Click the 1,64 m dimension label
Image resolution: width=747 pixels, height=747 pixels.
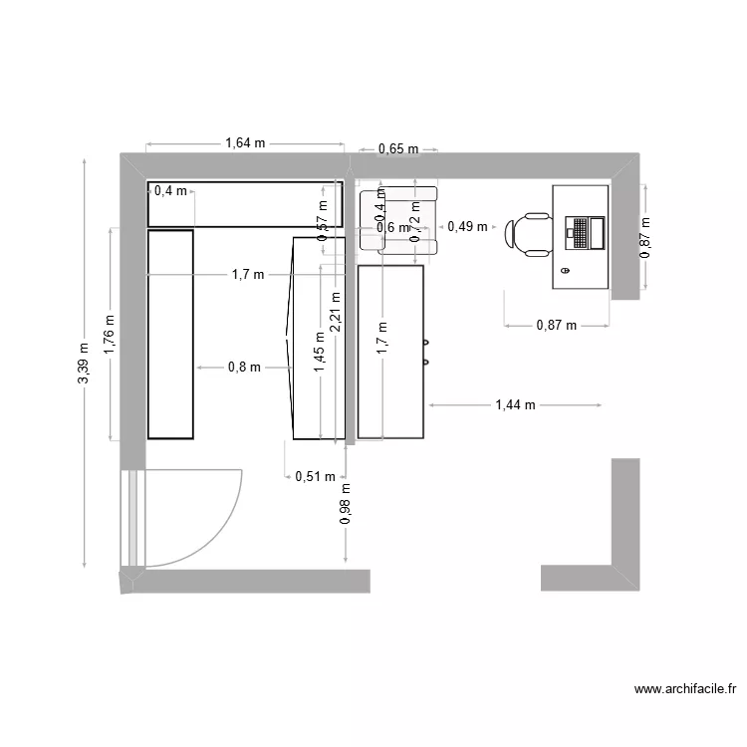coord(245,142)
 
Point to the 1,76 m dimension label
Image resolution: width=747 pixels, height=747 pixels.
coord(110,333)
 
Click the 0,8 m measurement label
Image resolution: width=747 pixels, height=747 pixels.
coord(244,367)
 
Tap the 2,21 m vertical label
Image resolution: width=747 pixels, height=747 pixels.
coord(336,310)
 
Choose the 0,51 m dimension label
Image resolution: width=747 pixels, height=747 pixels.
coord(315,476)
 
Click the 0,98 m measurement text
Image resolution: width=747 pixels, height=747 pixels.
coord(346,504)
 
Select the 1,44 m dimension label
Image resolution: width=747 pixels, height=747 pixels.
coord(515,404)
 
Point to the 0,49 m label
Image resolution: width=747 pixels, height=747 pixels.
coord(467,226)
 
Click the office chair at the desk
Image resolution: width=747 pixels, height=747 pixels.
coord(529,234)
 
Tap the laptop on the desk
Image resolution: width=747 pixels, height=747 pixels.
coord(585,232)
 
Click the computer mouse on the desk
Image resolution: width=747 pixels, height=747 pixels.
coord(566,270)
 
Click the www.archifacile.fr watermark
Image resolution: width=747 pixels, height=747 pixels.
coord(684,688)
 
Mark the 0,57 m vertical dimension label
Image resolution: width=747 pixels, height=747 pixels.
coord(322,228)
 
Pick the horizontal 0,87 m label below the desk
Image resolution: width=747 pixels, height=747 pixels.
coord(556,325)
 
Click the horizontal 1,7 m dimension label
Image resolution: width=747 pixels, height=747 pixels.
coord(248,274)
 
